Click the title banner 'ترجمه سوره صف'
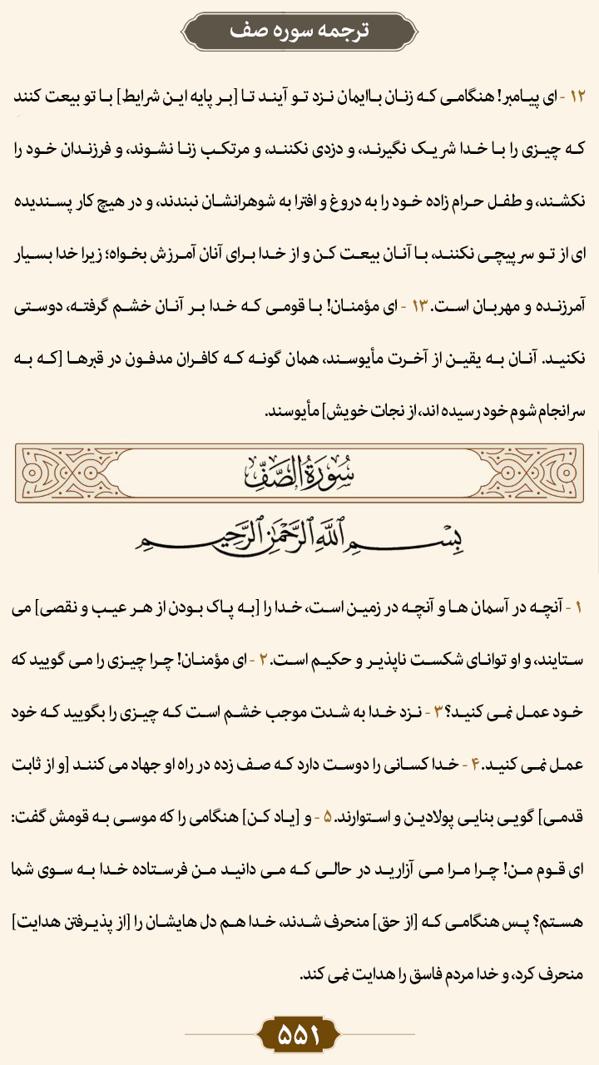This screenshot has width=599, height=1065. (x=299, y=31)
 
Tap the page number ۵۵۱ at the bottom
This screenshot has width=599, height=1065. (x=299, y=1034)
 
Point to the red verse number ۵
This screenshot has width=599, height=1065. (x=354, y=816)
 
